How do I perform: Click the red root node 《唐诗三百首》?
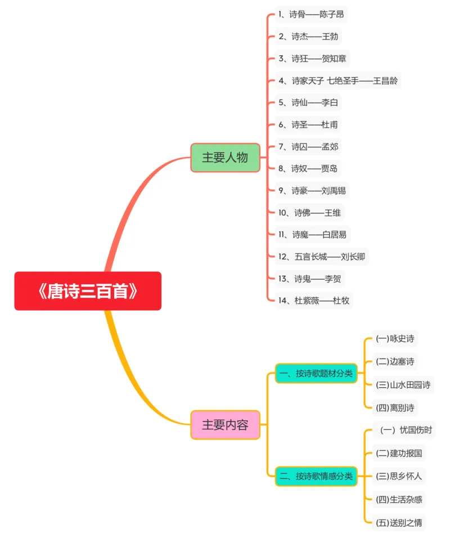click(x=88, y=291)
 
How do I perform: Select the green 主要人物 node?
click(x=225, y=158)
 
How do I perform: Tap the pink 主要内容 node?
click(x=225, y=425)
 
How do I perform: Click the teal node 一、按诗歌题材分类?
click(x=316, y=373)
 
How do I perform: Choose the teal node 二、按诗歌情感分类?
click(x=316, y=476)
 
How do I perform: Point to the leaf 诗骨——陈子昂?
click(x=311, y=14)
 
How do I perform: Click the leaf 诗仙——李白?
click(x=308, y=102)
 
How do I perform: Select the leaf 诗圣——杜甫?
click(x=308, y=124)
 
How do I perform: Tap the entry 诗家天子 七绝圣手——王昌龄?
click(x=338, y=80)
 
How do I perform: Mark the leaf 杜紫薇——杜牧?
click(x=314, y=301)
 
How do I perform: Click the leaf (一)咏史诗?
click(x=395, y=339)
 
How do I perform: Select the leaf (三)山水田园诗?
click(x=403, y=385)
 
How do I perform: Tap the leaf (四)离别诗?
click(x=395, y=407)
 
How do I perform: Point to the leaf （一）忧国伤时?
click(x=404, y=431)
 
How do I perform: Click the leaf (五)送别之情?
click(x=399, y=522)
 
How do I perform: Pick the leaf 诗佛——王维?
click(x=309, y=212)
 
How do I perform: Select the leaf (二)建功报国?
click(x=399, y=453)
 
